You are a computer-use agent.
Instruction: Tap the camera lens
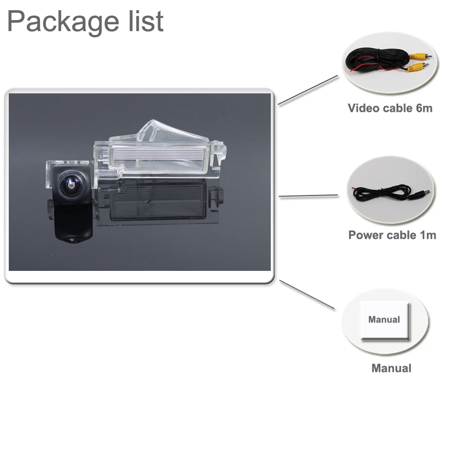[70, 183]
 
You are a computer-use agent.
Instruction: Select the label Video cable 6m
[390, 108]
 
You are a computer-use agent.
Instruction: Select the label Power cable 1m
[392, 235]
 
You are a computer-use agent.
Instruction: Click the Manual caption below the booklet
[391, 368]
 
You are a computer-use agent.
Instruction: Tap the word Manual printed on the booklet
[384, 320]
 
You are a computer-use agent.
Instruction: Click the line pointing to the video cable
[307, 90]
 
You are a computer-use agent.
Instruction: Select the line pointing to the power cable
[308, 196]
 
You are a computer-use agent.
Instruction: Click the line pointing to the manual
[306, 294]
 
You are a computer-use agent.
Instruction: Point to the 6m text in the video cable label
[424, 108]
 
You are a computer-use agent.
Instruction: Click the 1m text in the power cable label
[428, 235]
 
